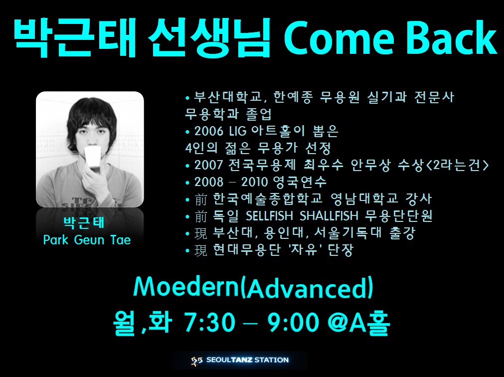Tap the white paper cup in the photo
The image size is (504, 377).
click(x=93, y=157)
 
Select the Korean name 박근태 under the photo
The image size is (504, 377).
click(x=84, y=223)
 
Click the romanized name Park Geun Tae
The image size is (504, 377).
click(x=87, y=240)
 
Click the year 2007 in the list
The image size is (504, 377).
click(x=208, y=165)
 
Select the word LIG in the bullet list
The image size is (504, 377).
click(x=238, y=131)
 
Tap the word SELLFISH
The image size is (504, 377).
click(x=269, y=216)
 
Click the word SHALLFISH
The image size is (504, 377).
click(x=329, y=216)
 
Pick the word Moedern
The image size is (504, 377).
click(x=186, y=287)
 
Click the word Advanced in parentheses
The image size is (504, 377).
click(x=307, y=287)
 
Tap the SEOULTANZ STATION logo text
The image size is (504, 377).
click(x=247, y=360)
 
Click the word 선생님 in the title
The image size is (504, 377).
click(x=209, y=38)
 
